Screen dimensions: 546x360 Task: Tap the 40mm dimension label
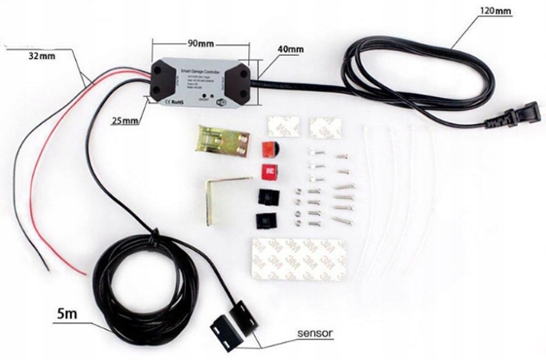click(290, 50)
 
